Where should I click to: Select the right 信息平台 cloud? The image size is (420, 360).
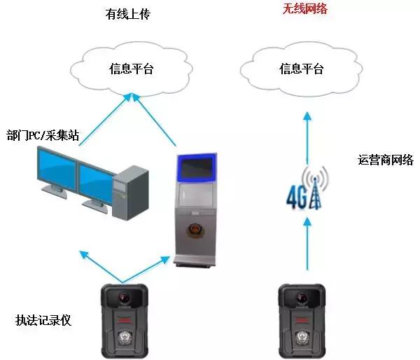click(x=300, y=69)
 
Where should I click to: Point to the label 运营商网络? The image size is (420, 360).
click(x=385, y=160)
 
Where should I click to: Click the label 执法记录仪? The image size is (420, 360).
click(x=43, y=321)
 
